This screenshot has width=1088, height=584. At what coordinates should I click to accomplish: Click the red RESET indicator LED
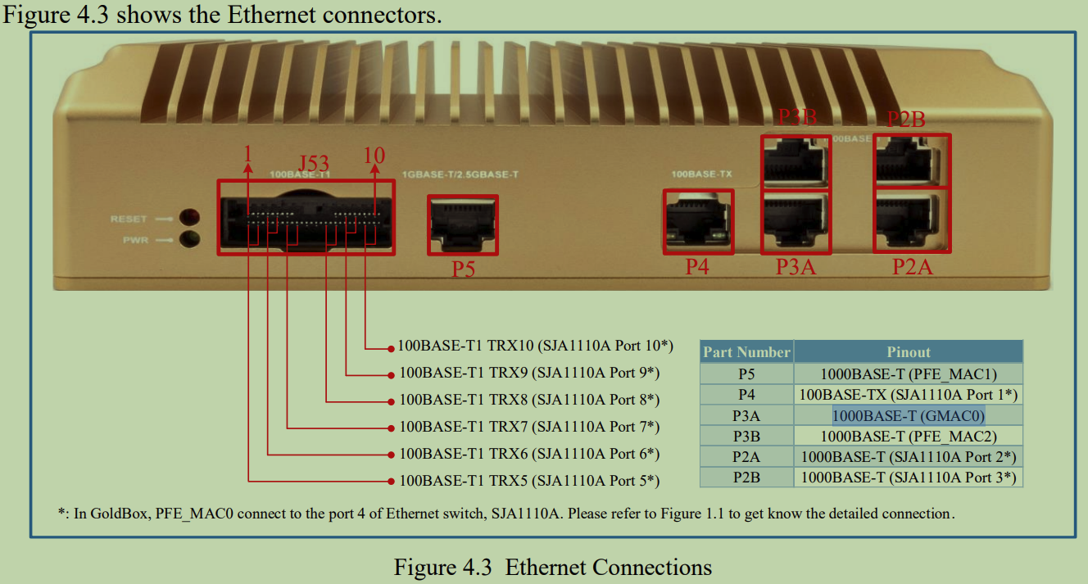(x=190, y=217)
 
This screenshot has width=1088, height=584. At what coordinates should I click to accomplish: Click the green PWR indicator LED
(x=190, y=239)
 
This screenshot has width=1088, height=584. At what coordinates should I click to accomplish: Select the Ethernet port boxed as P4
(x=698, y=221)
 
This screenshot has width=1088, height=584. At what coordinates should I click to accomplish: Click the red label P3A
(x=796, y=267)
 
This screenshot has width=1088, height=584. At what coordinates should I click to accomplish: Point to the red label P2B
(x=906, y=120)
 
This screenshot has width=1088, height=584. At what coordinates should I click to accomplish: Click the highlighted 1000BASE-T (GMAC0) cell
(x=908, y=415)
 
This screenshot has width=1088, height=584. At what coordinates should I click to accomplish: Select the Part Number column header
(x=746, y=352)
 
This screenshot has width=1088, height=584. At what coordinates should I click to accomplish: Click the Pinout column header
(x=908, y=352)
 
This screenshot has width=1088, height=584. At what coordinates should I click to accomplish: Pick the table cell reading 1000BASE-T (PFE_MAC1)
(x=908, y=374)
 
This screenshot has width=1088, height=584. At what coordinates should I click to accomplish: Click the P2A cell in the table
(x=746, y=456)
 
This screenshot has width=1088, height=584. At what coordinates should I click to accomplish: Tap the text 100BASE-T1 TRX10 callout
(x=535, y=346)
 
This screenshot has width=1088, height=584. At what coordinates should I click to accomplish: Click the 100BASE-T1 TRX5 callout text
(x=528, y=480)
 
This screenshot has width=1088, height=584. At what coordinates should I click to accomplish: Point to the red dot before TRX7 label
(x=391, y=428)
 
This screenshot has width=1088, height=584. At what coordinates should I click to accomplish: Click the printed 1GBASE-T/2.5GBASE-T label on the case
(x=461, y=174)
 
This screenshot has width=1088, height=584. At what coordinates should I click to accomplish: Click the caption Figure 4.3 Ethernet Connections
(x=553, y=567)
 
